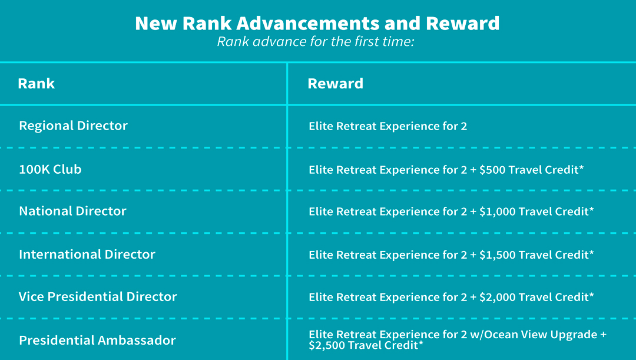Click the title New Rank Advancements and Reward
(317, 23)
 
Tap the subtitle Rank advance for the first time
(316, 41)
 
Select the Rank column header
(36, 83)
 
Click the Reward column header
(336, 83)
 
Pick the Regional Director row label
(74, 125)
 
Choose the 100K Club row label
(50, 169)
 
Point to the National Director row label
(72, 211)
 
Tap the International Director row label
(87, 254)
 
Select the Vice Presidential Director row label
(98, 296)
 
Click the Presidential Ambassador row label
(97, 340)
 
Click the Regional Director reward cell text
(387, 126)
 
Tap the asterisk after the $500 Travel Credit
(581, 167)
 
